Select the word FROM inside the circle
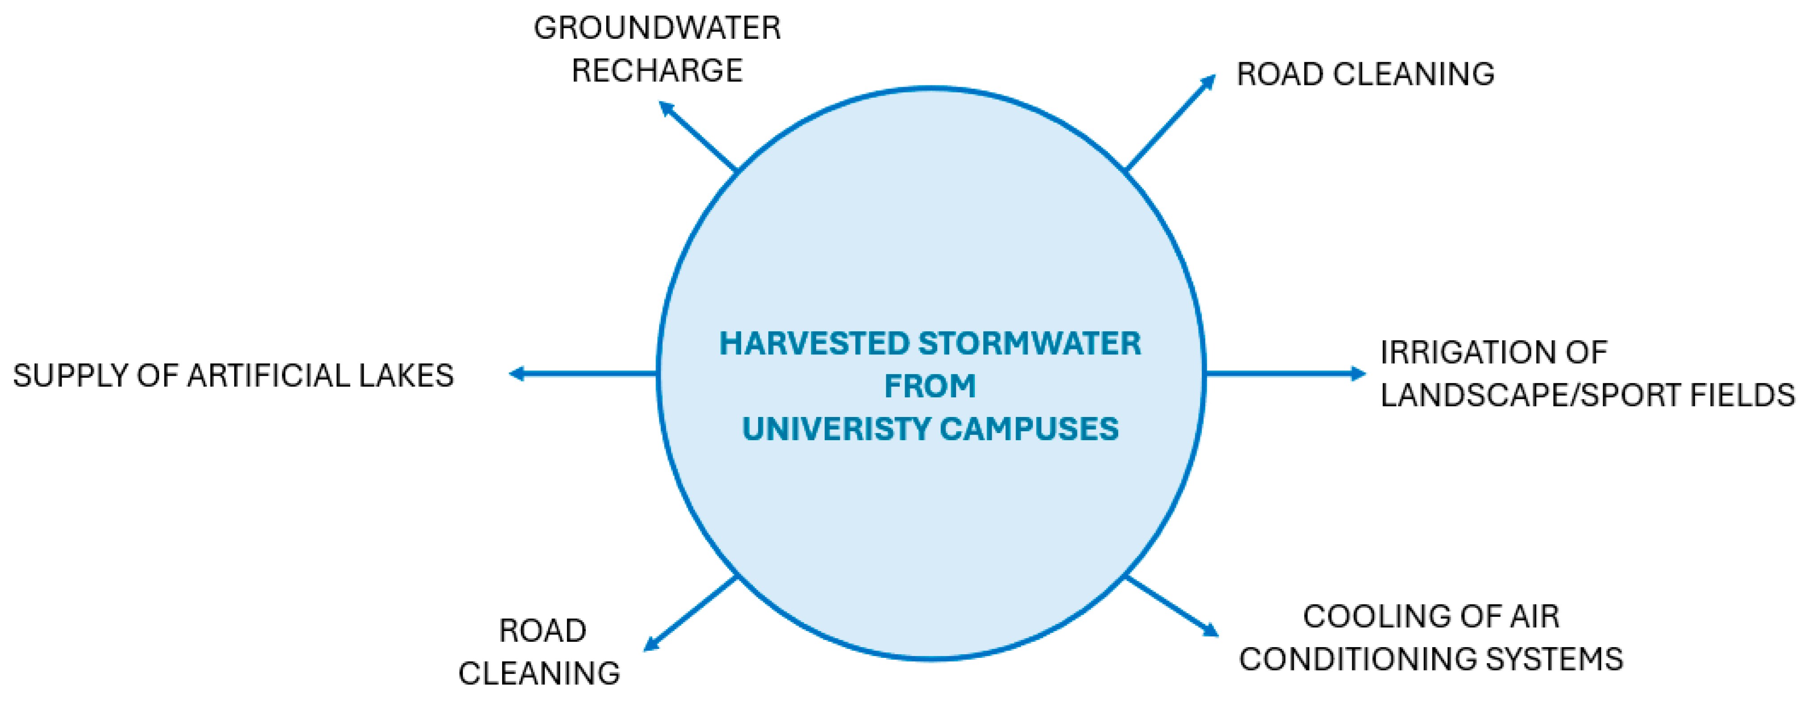pos(930,386)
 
